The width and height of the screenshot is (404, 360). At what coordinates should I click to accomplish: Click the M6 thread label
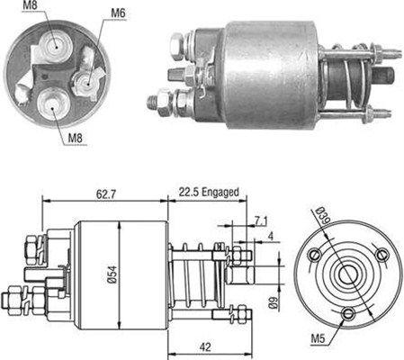point(118,13)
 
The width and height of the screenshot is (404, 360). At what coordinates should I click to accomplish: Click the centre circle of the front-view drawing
point(346,277)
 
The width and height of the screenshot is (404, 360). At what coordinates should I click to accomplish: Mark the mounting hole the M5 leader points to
point(350,313)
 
